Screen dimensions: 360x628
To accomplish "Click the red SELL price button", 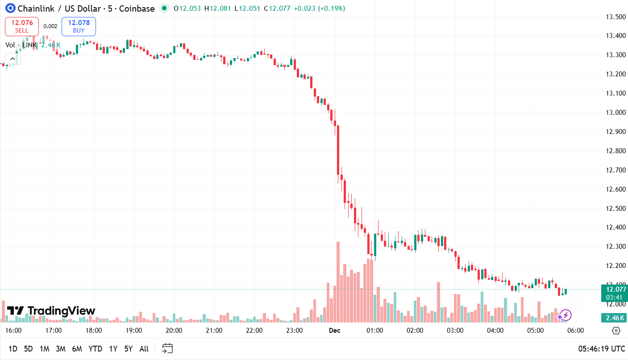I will click(x=22, y=26).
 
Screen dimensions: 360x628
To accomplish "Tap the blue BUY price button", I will click(x=79, y=26).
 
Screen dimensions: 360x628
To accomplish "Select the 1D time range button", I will click(x=13, y=349).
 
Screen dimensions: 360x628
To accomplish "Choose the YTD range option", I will click(x=95, y=349).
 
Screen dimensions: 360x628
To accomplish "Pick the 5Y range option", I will click(x=128, y=349).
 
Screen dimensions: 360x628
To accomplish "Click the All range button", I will click(x=144, y=349).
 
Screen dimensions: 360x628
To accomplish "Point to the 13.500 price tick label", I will click(x=615, y=17).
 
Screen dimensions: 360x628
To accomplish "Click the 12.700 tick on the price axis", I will click(x=615, y=170).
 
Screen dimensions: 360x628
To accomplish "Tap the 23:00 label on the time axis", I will click(x=295, y=331).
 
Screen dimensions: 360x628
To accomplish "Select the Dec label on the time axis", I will click(x=334, y=331).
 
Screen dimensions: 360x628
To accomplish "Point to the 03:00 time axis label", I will click(x=455, y=331).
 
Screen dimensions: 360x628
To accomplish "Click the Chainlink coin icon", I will click(x=10, y=8).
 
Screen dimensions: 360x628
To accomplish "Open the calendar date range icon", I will click(x=167, y=348).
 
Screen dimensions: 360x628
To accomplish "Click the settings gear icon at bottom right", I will click(x=616, y=331).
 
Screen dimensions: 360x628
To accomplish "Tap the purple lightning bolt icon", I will click(x=566, y=315).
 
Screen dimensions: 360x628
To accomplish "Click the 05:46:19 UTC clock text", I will click(x=602, y=349).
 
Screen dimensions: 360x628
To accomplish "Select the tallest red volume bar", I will click(x=338, y=282).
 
